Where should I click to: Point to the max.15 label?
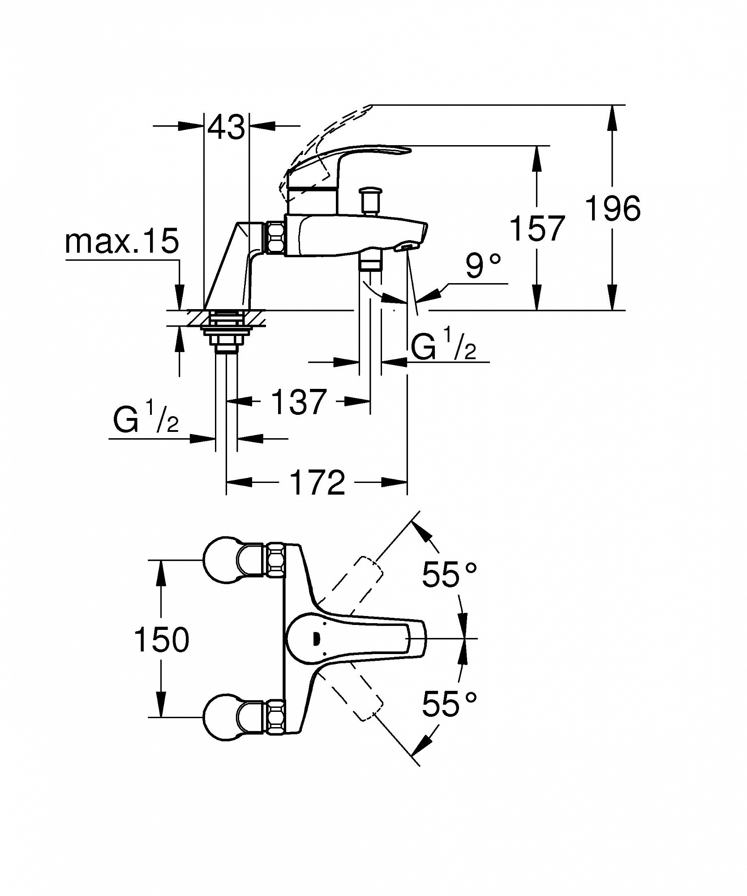click(x=122, y=241)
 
